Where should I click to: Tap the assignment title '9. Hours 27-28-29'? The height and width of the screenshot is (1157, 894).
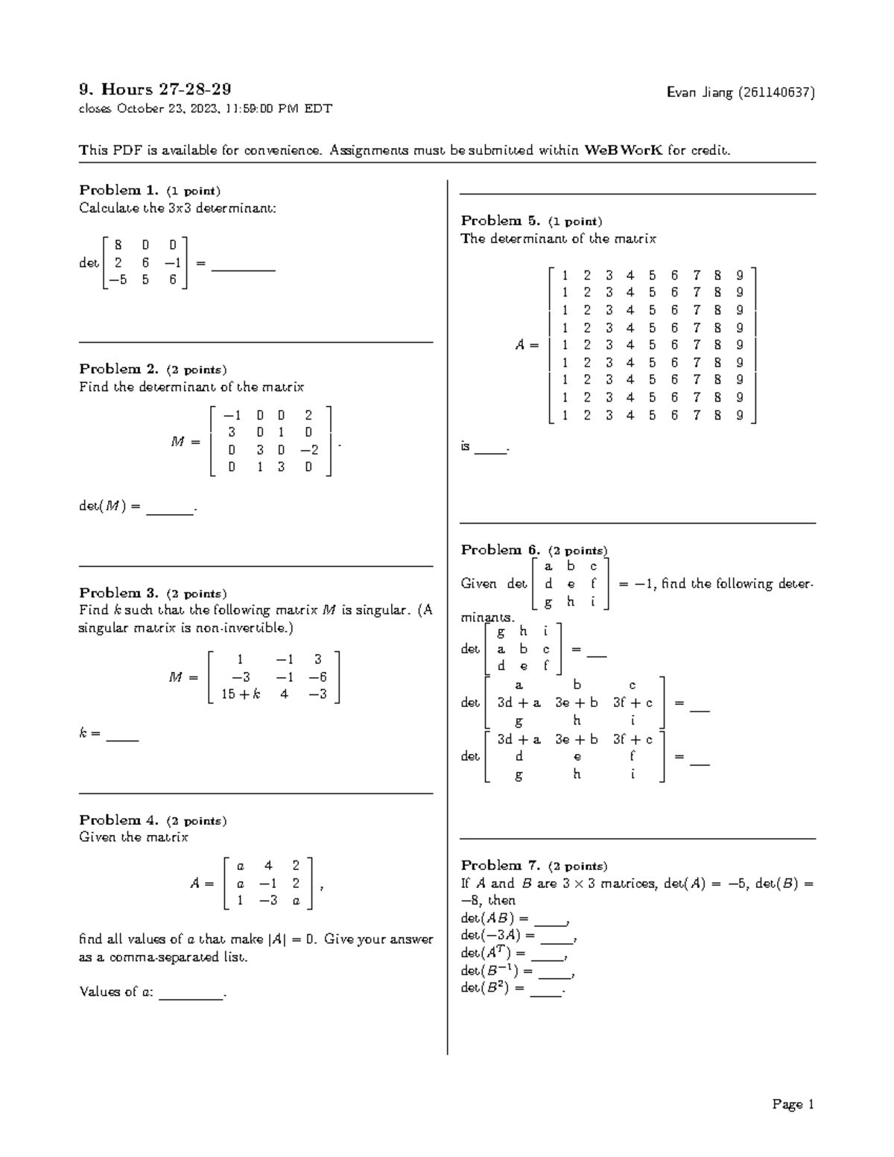(155, 89)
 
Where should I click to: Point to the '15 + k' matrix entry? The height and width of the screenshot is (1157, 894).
(241, 694)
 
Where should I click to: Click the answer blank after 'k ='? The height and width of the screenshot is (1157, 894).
(122, 739)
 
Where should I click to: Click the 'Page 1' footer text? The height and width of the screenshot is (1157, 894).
(793, 1104)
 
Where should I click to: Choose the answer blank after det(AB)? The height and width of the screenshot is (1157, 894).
(551, 922)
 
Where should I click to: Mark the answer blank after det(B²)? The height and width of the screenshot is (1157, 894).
(546, 994)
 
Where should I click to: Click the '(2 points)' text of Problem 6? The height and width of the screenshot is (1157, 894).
(577, 551)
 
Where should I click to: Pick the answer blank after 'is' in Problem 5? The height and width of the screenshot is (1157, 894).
(490, 451)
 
